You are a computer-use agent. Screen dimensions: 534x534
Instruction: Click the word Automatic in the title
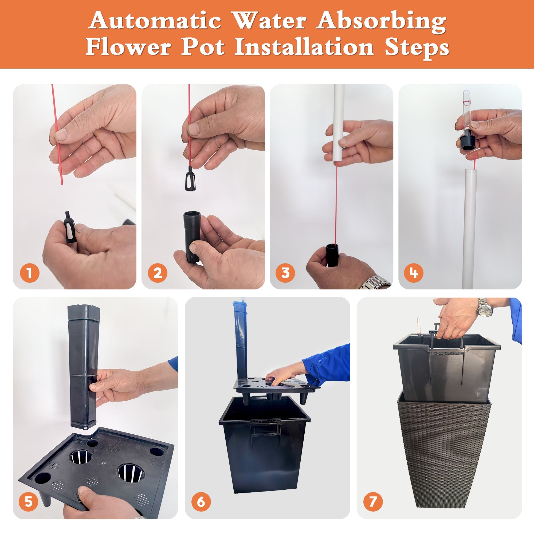click(155, 21)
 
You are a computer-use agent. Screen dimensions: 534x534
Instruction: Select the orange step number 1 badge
click(30, 273)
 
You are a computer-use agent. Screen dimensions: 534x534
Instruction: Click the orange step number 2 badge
click(158, 273)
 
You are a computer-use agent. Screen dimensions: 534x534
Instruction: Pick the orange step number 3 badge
click(285, 273)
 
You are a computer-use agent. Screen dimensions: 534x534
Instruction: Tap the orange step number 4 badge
click(414, 273)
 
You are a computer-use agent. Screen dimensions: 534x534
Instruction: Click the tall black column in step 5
click(82, 365)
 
